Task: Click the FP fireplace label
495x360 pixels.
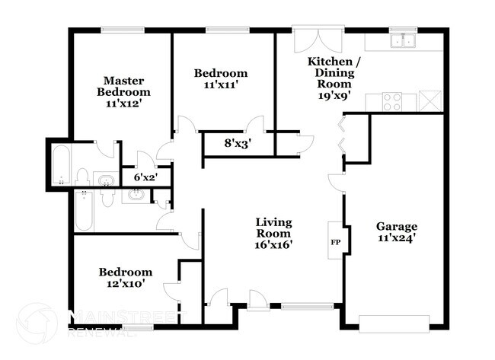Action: [x=335, y=242]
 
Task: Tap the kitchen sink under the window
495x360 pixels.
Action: [x=403, y=40]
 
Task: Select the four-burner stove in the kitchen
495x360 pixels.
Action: [x=391, y=102]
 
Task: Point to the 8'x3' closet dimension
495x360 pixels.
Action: [x=238, y=144]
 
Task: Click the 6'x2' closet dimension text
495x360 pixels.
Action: [x=145, y=177]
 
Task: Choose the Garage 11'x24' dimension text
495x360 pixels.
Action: [x=396, y=238]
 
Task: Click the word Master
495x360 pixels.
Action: [x=123, y=81]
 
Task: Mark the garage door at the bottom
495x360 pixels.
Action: [x=394, y=323]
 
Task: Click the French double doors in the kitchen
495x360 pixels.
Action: [x=318, y=40]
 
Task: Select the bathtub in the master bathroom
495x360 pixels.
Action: [x=61, y=164]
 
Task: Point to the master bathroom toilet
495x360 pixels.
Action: [x=82, y=177]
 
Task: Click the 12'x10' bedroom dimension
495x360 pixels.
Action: [x=126, y=284]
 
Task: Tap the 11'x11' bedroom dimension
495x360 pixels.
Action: [x=221, y=85]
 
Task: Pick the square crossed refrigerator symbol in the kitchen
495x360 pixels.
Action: [x=430, y=101]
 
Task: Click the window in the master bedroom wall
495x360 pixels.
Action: [x=123, y=30]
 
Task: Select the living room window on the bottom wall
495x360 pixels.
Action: [x=307, y=306]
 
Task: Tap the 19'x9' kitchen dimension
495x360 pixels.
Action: [x=334, y=95]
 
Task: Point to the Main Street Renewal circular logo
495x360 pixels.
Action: [x=37, y=323]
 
